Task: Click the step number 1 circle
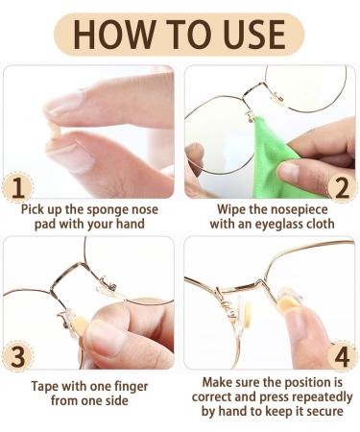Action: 16,185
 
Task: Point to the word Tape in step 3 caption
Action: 41,379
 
